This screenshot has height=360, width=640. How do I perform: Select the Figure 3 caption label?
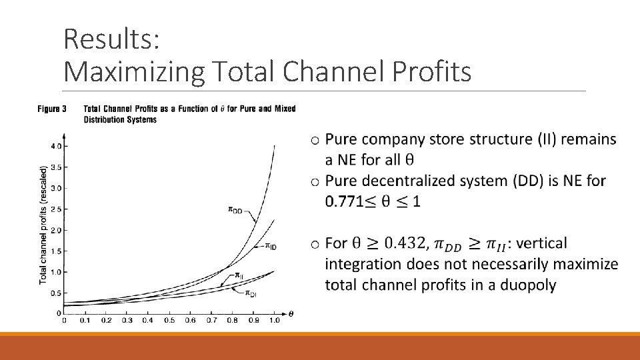pyautogui.click(x=51, y=109)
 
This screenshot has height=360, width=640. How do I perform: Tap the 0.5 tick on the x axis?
pyautogui.click(x=169, y=321)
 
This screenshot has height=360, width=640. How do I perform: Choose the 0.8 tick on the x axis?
pyautogui.click(x=232, y=321)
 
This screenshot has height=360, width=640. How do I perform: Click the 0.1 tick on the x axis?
pyautogui.click(x=85, y=321)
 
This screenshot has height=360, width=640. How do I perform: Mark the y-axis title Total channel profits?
pyautogui.click(x=43, y=225)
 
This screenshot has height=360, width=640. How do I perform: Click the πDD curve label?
pyautogui.click(x=236, y=210)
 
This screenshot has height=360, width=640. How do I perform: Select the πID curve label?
pyautogui.click(x=270, y=246)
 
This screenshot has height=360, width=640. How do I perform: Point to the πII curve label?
pyautogui.click(x=237, y=275)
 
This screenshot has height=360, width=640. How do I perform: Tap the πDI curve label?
pyautogui.click(x=251, y=293)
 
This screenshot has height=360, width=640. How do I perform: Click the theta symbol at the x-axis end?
pyautogui.click(x=291, y=313)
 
